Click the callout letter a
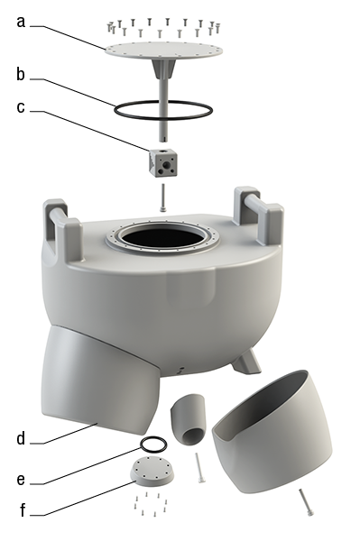(x=21, y=22)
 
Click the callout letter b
(x=21, y=74)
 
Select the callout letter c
(x=21, y=107)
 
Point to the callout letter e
(x=21, y=480)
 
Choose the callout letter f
(x=23, y=509)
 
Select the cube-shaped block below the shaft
(x=163, y=162)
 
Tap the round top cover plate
(x=163, y=50)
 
